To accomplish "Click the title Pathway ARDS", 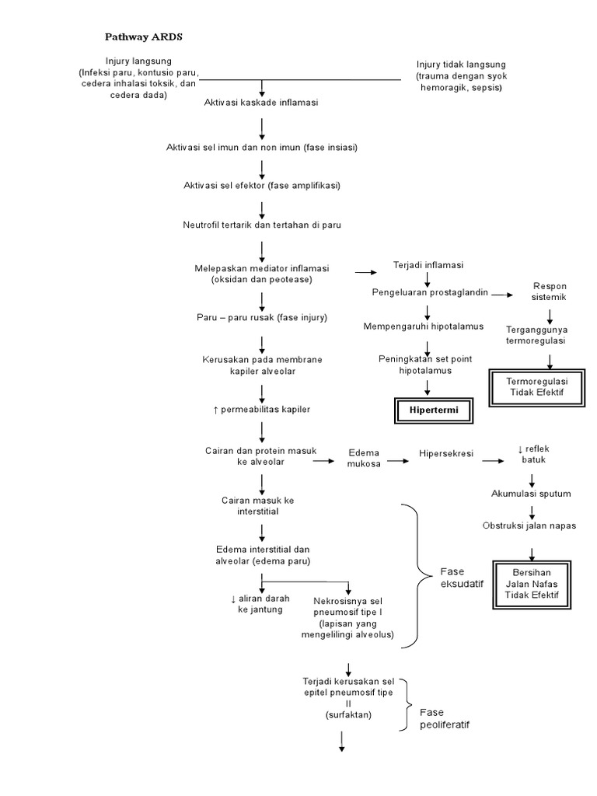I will pos(144,37).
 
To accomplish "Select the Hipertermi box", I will pos(434,410).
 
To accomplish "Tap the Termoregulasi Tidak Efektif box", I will pos(536,387).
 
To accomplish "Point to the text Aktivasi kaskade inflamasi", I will pos(261,103).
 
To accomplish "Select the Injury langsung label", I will pos(139,61).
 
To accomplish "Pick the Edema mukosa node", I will pos(364,457).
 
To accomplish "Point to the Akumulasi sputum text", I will pos(531,494).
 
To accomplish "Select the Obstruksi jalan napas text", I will pos(529,525).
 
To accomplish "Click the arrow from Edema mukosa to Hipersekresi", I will pos(398,461).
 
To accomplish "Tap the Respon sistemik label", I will pos(549,292).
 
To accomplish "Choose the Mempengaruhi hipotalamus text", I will pos(424,326).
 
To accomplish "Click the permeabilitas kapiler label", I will pos(261,409).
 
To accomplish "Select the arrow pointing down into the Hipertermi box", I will pos(427,386).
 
